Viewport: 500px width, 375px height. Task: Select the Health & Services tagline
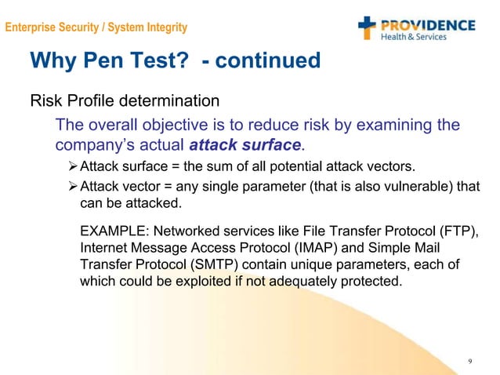(x=413, y=37)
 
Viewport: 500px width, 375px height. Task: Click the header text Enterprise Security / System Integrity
(x=96, y=28)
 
